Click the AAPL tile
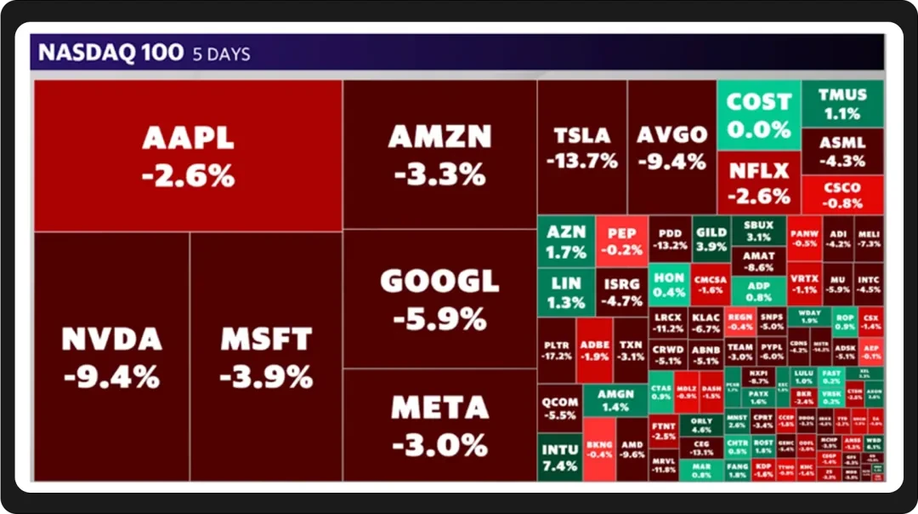(x=188, y=156)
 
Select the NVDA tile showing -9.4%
(x=111, y=357)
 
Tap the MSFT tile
(x=266, y=357)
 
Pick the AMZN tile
(x=439, y=154)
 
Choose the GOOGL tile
(x=439, y=299)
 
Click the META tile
(x=439, y=425)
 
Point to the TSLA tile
(x=582, y=147)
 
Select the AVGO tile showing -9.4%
(x=671, y=147)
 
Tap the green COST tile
(x=758, y=115)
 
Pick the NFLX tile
(x=758, y=183)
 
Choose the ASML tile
(x=842, y=151)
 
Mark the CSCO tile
(x=842, y=195)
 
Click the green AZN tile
(x=566, y=242)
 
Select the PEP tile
(x=621, y=242)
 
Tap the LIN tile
(x=566, y=292)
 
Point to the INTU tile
(x=560, y=457)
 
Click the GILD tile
(x=711, y=238)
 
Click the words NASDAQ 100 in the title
(x=110, y=53)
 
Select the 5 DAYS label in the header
(x=221, y=54)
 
